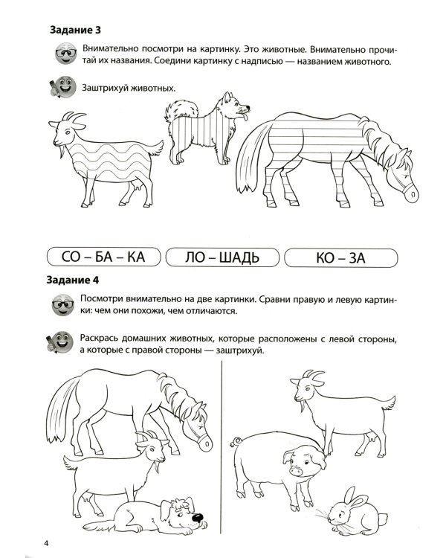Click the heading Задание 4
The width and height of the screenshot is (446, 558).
point(74,281)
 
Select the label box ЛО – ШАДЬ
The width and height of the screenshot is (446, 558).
point(222,258)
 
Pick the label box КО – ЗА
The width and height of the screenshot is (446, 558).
point(340,258)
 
